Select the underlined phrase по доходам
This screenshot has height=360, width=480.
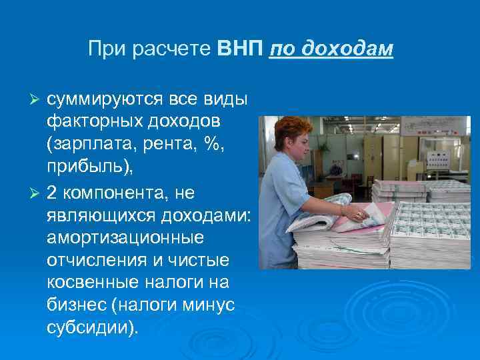(x=331, y=50)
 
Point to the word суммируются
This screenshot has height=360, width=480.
(x=111, y=99)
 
